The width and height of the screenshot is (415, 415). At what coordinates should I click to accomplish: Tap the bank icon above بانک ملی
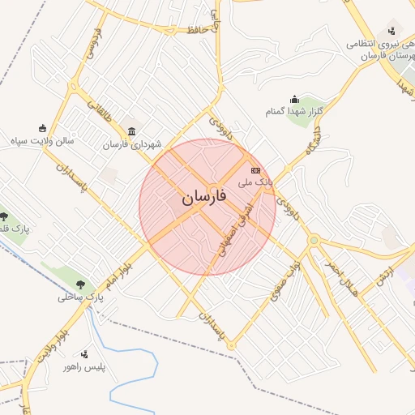[x=255, y=171]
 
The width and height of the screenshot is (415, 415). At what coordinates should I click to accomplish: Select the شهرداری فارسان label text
[x=131, y=144]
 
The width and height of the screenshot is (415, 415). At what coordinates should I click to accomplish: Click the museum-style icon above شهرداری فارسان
[x=131, y=132]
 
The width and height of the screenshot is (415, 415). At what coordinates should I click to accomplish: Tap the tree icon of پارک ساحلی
[x=80, y=285]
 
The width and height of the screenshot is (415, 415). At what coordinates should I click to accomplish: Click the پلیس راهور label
[x=91, y=366]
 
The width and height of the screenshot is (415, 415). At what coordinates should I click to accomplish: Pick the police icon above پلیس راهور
[x=85, y=353]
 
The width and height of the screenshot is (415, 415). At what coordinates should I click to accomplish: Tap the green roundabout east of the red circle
[x=313, y=240]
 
